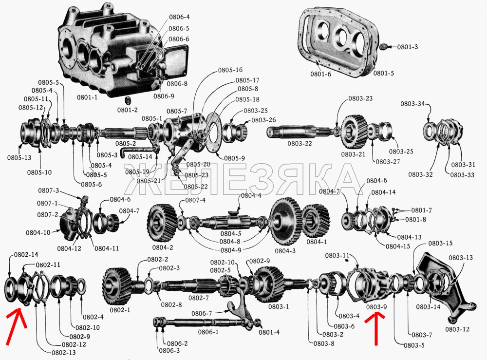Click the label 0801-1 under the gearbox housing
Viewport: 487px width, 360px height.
[86, 97]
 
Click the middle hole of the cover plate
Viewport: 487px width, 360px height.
[343, 38]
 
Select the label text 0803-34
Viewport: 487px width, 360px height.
[412, 104]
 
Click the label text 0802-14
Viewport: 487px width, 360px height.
[26, 255]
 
